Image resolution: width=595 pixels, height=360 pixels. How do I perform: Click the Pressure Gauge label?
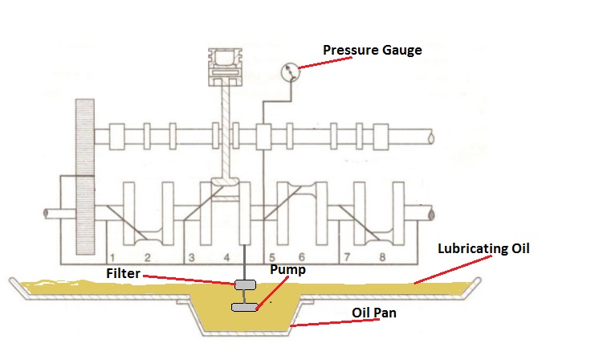pyautogui.click(x=372, y=51)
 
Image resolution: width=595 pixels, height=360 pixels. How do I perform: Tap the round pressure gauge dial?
pyautogui.click(x=291, y=73)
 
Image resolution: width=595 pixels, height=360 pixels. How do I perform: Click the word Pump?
pyautogui.click(x=286, y=271)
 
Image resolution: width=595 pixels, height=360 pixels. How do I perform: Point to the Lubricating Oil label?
pyautogui.click(x=484, y=248)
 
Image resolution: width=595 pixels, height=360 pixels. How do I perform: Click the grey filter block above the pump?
pyautogui.click(x=246, y=285)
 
